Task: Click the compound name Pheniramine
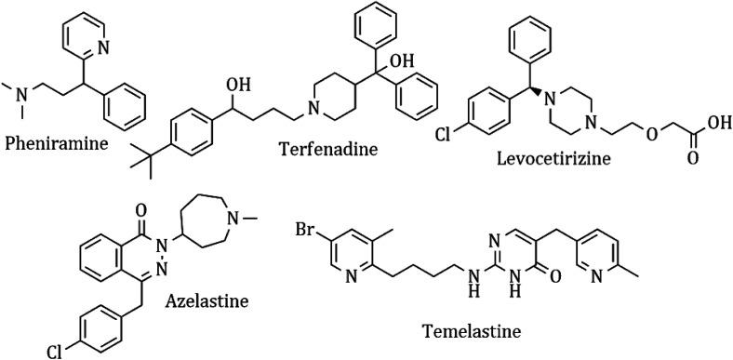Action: pos(55,146)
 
